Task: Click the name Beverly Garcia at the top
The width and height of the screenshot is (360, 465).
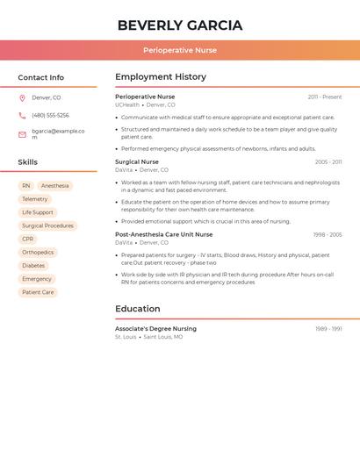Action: point(179,25)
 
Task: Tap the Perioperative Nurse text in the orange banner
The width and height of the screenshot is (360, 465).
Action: point(179,50)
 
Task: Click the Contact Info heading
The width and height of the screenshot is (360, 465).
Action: point(40,77)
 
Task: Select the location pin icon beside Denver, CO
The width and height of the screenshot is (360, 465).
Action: point(22,97)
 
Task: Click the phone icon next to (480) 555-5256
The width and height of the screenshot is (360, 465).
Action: point(22,115)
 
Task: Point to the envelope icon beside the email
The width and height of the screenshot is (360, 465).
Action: point(22,134)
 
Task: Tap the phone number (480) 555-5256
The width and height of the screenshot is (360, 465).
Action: point(50,115)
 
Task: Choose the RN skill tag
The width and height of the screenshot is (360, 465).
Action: point(26,186)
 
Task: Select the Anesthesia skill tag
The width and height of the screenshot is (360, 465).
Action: point(54,186)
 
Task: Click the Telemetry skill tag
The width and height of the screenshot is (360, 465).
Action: point(35,199)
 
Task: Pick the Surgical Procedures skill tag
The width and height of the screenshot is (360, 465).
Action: point(47,225)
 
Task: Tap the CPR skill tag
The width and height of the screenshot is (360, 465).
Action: point(28,239)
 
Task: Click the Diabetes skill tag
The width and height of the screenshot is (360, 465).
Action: point(33,265)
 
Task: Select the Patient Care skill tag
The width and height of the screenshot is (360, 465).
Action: point(38,292)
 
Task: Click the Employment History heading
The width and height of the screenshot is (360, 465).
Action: point(161,77)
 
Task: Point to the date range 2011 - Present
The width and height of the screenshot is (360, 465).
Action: point(324,97)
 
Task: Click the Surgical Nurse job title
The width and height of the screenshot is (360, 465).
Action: point(137,161)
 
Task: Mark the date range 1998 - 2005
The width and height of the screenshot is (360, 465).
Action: point(327,234)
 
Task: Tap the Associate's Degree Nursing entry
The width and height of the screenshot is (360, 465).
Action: point(155,328)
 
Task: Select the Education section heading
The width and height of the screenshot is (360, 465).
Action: point(138,309)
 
